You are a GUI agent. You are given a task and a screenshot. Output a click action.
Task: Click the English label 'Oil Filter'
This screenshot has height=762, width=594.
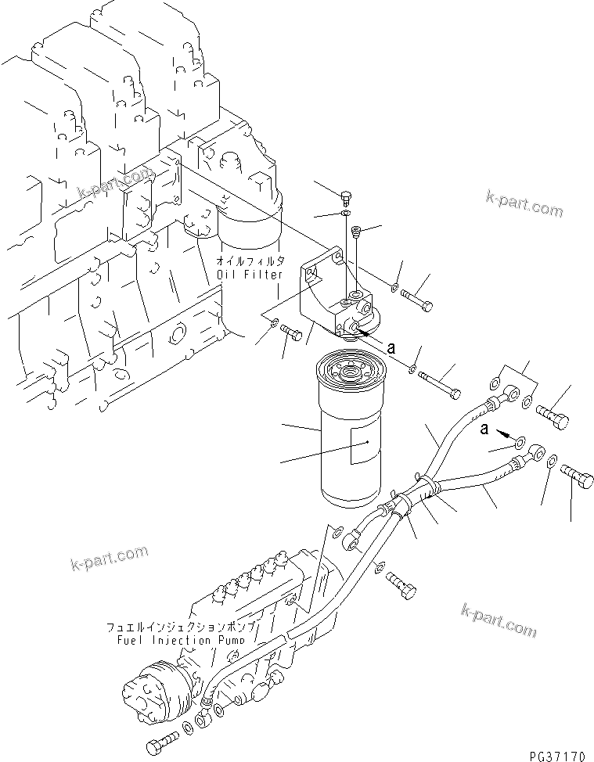tap(250, 275)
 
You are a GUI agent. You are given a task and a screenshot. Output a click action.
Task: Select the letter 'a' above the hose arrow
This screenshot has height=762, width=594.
tap(486, 428)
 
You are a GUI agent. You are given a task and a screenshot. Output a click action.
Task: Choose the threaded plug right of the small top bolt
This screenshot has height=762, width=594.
tap(357, 232)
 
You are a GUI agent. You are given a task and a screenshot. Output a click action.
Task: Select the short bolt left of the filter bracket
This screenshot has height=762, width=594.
tap(293, 334)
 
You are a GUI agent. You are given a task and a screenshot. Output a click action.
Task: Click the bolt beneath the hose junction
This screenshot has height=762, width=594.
tap(401, 586)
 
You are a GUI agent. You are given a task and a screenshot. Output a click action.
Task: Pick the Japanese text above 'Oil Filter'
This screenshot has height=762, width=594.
tap(251, 261)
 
